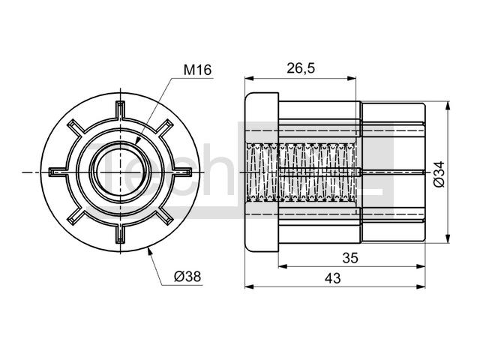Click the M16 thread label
click(197, 70)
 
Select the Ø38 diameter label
click(187, 277)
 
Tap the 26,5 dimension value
click(301, 68)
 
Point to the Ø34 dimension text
click(439, 174)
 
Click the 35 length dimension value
click(350, 258)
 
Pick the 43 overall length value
click(333, 278)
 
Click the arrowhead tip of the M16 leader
click(135, 144)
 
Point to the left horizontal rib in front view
click(58, 172)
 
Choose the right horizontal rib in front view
click(183, 172)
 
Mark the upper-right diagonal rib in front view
click(165, 127)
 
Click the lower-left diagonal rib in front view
click(75, 217)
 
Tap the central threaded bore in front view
click(120, 172)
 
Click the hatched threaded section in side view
click(301, 172)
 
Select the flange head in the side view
click(262, 172)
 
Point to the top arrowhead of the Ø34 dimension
click(448, 106)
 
